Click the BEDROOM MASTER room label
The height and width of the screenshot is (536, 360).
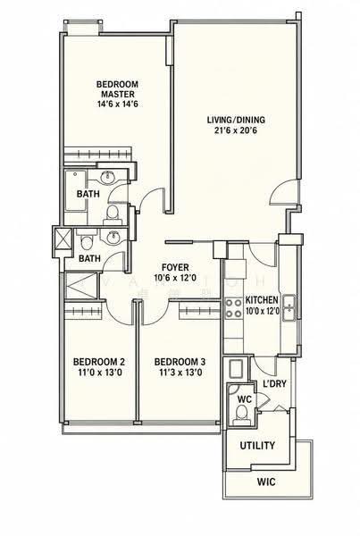(117, 88)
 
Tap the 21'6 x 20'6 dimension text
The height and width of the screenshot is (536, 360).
(236, 130)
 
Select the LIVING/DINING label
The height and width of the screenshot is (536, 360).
(236, 120)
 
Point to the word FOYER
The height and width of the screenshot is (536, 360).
(175, 267)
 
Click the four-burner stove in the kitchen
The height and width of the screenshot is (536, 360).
(233, 308)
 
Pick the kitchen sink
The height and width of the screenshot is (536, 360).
(289, 307)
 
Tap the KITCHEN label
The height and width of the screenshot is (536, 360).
(262, 300)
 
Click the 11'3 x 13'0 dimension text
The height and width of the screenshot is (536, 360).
(180, 373)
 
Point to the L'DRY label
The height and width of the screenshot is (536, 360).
(274, 384)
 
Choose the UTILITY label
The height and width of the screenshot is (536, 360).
(257, 446)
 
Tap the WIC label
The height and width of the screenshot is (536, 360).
(266, 482)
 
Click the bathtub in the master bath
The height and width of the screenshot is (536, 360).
(76, 190)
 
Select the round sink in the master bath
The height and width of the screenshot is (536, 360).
(108, 177)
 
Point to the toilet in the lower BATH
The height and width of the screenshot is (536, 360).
(87, 242)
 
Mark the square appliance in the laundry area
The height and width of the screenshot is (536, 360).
(236, 368)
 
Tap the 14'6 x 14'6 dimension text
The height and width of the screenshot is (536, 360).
(117, 104)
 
